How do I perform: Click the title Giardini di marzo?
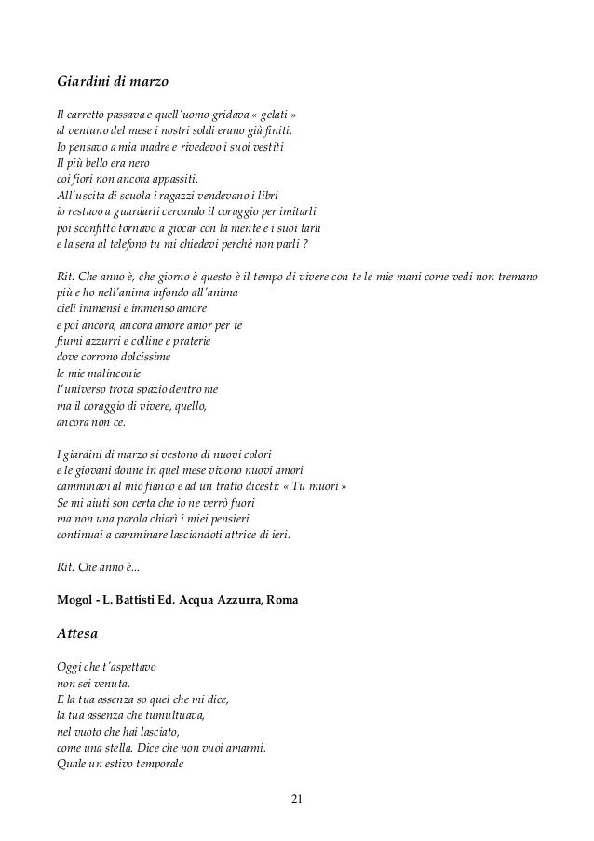pos(112,83)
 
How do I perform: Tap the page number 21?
pos(297,798)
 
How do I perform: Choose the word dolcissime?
pos(151,357)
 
